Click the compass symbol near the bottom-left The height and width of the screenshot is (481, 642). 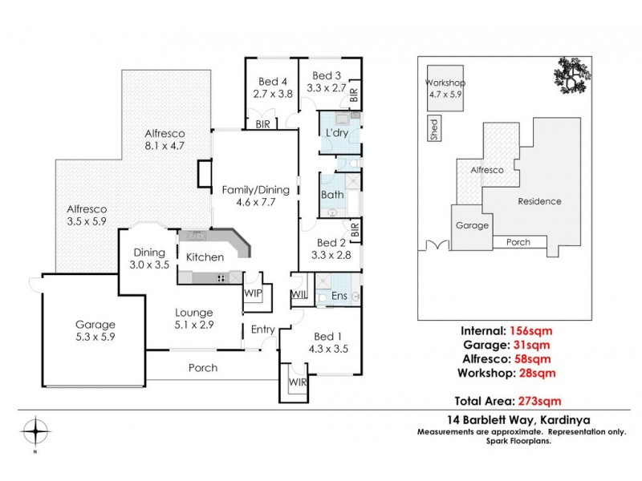coord(35,431)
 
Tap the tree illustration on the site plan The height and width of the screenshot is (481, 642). coord(570,79)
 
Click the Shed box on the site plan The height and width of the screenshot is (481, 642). coord(434,130)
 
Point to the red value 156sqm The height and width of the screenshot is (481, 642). coord(530,330)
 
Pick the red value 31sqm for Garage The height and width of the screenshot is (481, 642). coord(532,345)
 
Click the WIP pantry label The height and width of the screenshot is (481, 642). coord(253,293)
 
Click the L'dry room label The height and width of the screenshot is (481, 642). coord(335,132)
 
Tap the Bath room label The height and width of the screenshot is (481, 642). coord(332,195)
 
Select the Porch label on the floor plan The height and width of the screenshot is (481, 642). coord(202,368)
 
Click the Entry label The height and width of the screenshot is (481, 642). coord(262,329)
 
